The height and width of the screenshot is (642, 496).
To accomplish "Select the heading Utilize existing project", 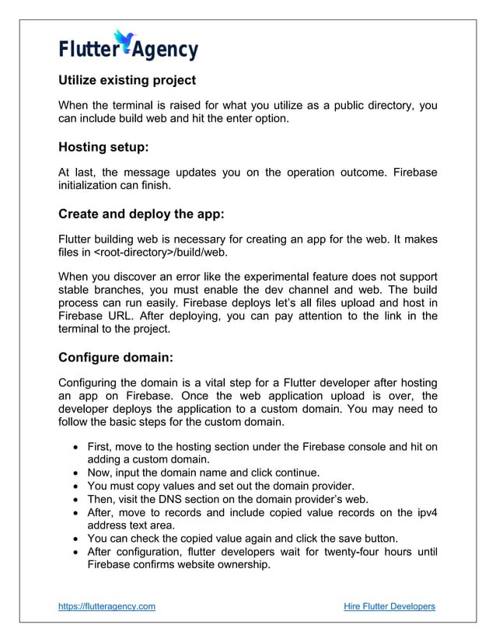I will [x=127, y=80].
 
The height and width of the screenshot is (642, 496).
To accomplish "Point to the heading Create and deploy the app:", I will [x=141, y=213].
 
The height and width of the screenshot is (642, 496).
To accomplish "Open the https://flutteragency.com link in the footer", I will [x=107, y=606].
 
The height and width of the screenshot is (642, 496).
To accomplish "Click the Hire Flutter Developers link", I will [x=389, y=606].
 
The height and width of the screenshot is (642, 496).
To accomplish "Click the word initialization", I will [x=92, y=186].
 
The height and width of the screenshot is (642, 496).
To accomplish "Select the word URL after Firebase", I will [x=127, y=317].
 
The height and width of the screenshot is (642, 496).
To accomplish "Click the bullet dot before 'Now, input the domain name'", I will [x=75, y=472].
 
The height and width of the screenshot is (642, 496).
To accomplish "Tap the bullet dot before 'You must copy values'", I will [x=75, y=485].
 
